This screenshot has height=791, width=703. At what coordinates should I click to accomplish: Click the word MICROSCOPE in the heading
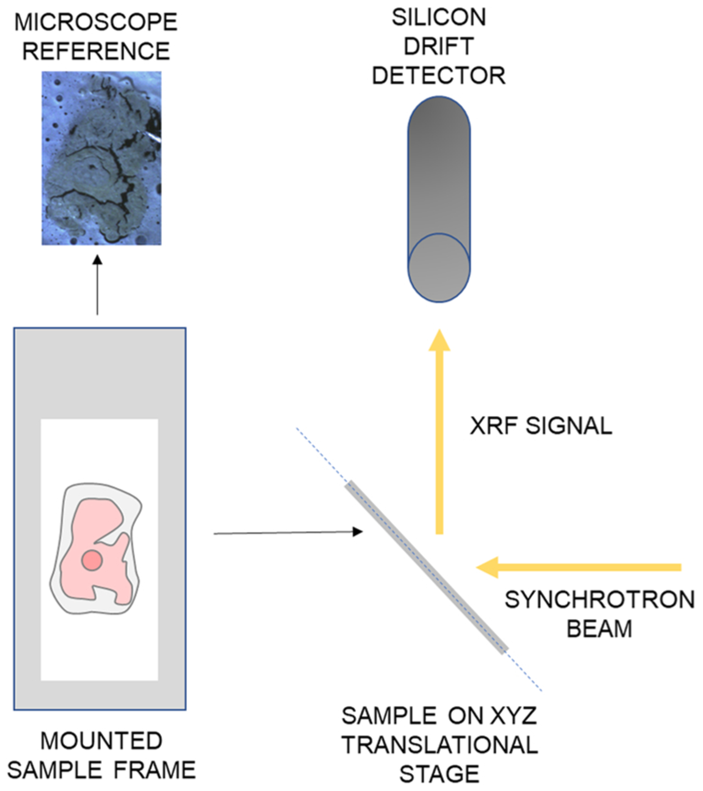pyautogui.click(x=96, y=22)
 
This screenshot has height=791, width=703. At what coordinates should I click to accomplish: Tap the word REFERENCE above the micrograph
pyautogui.click(x=96, y=51)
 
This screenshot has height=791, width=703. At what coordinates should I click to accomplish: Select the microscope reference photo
pyautogui.click(x=101, y=158)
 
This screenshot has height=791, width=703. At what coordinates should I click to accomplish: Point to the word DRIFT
pyautogui.click(x=439, y=46)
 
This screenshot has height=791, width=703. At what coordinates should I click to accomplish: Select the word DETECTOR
pyautogui.click(x=439, y=75)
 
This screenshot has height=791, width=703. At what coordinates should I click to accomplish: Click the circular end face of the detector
pyautogui.click(x=439, y=267)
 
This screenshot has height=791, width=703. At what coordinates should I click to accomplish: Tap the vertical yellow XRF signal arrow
pyautogui.click(x=439, y=438)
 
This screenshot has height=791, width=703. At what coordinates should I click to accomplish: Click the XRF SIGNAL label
pyautogui.click(x=541, y=426)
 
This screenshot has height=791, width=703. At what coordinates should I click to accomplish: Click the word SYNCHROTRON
pyautogui.click(x=599, y=600)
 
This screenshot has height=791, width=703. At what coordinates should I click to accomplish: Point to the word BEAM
pyautogui.click(x=599, y=629)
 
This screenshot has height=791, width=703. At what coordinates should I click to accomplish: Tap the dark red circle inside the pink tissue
pyautogui.click(x=92, y=561)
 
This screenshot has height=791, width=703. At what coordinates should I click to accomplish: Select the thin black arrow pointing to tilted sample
pyautogui.click(x=284, y=533)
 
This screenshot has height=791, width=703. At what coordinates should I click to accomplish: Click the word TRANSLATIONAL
pyautogui.click(x=440, y=745)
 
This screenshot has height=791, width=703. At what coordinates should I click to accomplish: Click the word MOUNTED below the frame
pyautogui.click(x=101, y=741)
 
